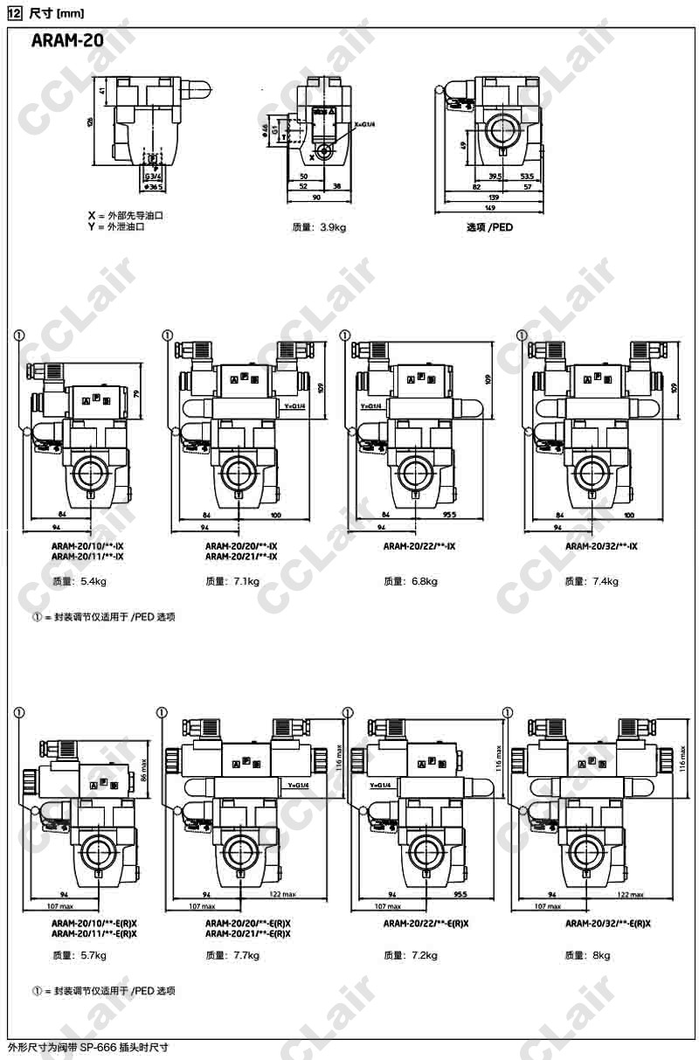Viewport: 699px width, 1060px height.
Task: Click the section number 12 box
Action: (x=13, y=10)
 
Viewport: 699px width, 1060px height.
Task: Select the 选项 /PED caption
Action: (x=489, y=227)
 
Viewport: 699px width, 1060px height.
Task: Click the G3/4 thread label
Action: (x=154, y=176)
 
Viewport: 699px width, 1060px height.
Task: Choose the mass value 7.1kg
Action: (x=243, y=581)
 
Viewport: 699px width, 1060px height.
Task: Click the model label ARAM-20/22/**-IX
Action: (x=419, y=546)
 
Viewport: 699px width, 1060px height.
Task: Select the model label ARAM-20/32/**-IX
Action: (x=601, y=546)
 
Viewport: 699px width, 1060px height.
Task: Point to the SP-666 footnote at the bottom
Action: (x=87, y=1046)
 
